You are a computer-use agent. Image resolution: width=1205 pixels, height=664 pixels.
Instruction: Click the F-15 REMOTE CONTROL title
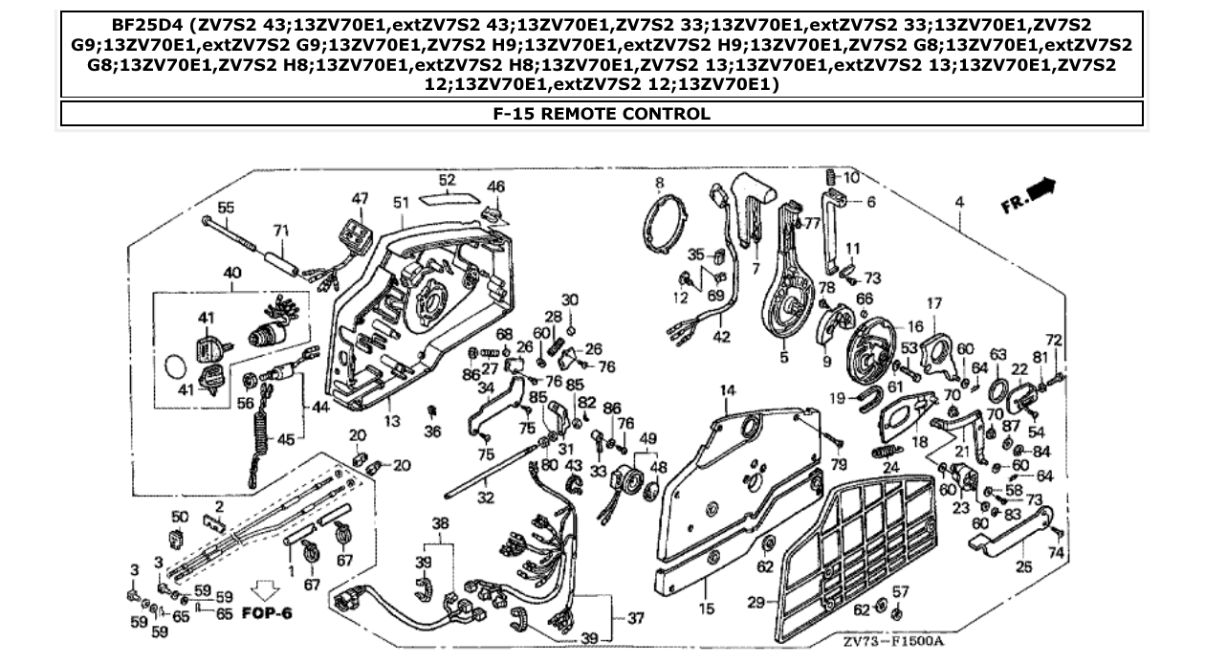[x=602, y=114]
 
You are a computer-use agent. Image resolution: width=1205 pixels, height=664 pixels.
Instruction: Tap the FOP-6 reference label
[x=267, y=612]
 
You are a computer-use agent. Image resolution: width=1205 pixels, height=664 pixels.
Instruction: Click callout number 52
[x=448, y=180]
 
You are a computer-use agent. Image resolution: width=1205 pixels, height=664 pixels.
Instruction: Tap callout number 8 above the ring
[x=659, y=182]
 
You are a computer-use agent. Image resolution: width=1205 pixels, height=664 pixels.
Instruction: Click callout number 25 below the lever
[x=1024, y=568]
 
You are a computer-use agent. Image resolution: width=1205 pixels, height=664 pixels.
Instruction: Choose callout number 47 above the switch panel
[x=360, y=198]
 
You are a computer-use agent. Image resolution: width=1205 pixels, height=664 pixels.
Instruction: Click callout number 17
[x=934, y=303]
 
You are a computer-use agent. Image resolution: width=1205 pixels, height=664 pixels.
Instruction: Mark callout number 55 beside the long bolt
[x=226, y=207]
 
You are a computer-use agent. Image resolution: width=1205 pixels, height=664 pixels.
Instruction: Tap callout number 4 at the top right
[x=959, y=202]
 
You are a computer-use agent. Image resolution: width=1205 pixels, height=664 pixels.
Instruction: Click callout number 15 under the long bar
[x=707, y=607]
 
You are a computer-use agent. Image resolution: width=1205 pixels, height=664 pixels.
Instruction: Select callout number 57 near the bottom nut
[x=900, y=593]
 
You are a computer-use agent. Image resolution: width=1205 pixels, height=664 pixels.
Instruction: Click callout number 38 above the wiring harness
[x=440, y=523]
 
